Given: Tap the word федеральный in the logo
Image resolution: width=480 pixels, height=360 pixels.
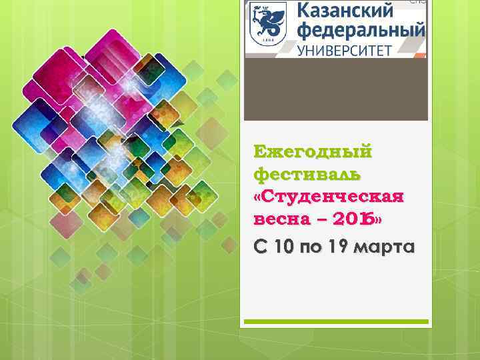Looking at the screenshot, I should [x=361, y=31].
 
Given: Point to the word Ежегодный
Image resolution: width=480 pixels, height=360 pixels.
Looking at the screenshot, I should [x=313, y=152].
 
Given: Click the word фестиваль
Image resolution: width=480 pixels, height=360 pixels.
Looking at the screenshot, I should [x=307, y=175].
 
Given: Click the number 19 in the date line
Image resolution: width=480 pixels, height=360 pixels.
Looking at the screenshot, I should [x=338, y=247].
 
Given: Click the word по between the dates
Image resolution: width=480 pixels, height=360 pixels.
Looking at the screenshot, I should [x=310, y=248].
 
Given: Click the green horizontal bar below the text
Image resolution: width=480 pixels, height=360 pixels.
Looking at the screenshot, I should [x=335, y=321].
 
